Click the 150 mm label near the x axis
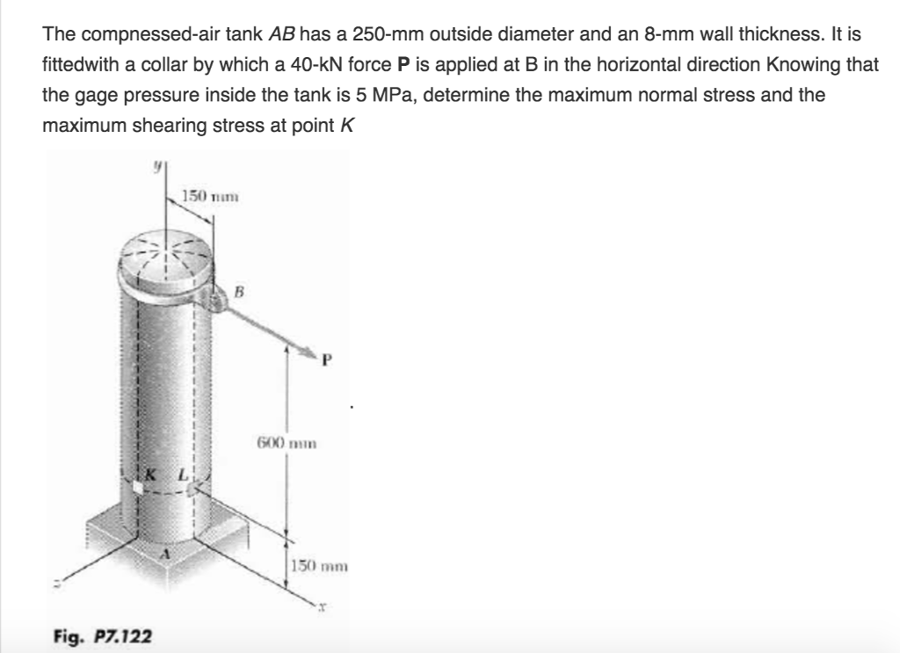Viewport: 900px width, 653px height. [320, 567]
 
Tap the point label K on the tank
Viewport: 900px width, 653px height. [150, 475]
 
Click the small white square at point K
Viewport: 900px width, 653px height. [137, 484]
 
